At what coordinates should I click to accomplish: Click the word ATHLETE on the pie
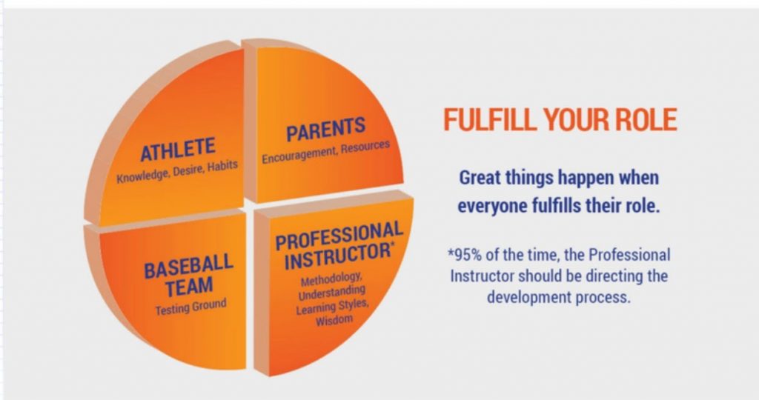[x=178, y=150]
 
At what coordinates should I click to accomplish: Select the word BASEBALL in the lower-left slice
[x=189, y=265]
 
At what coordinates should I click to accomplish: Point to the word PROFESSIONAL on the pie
[x=339, y=235]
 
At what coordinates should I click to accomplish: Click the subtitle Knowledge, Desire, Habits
[x=177, y=171]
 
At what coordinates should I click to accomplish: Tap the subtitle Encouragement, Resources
[x=326, y=152]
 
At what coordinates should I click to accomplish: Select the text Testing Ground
[x=190, y=307]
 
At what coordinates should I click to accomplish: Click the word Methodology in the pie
[x=331, y=279]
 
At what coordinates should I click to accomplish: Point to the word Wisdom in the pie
[x=334, y=320]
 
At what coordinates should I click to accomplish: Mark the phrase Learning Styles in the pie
[x=333, y=307]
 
